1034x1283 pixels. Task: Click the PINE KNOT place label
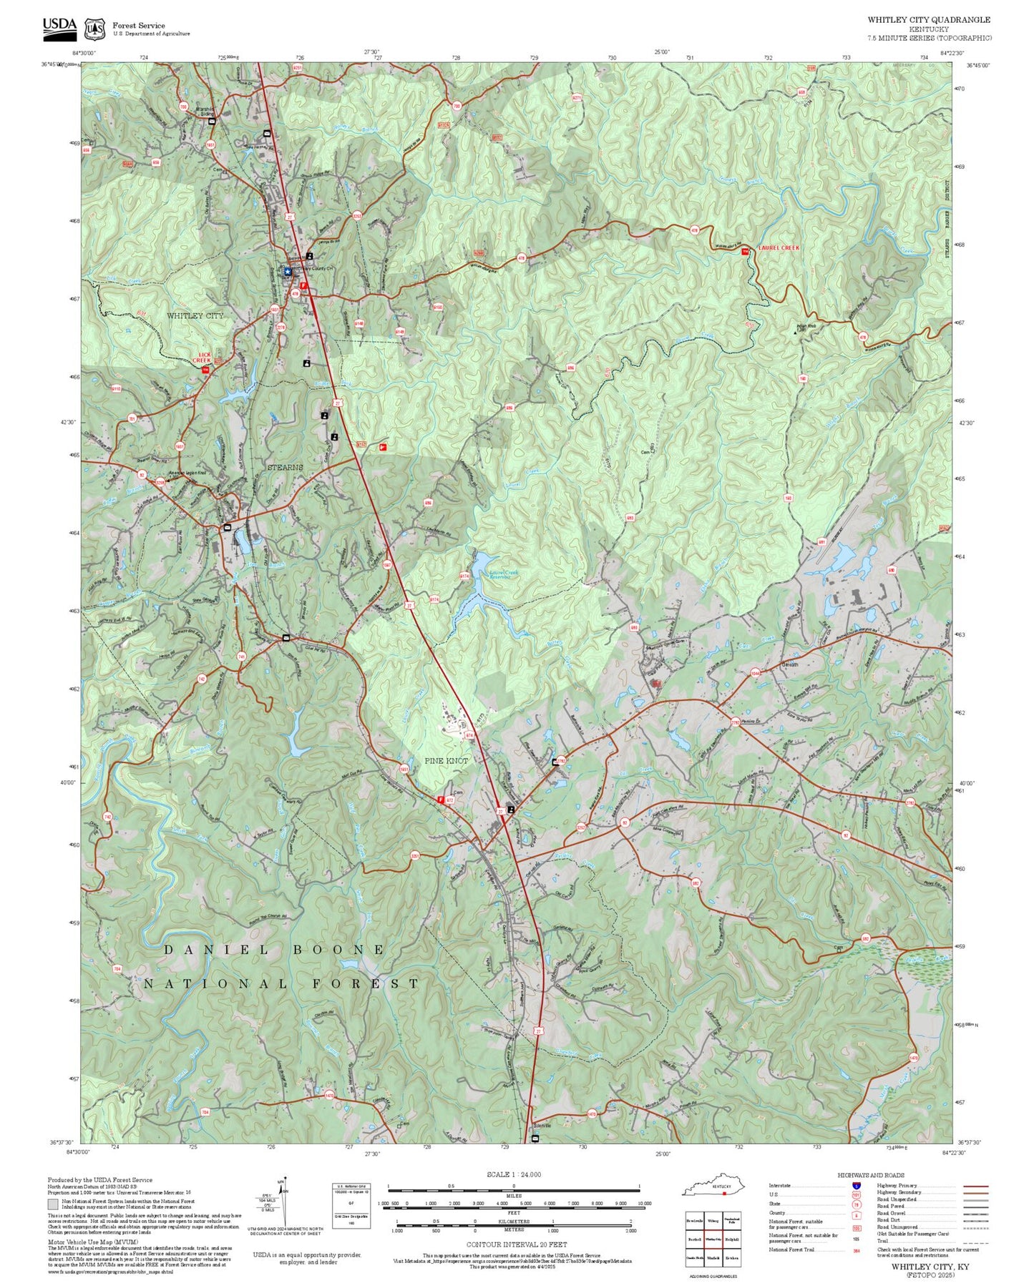(446, 761)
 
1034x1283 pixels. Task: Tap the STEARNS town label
(285, 467)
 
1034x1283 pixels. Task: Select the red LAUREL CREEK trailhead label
(779, 247)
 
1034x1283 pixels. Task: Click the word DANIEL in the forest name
(216, 950)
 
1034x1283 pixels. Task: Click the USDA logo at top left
(59, 26)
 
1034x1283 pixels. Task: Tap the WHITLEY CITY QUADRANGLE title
(929, 20)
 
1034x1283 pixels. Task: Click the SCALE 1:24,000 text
(513, 1174)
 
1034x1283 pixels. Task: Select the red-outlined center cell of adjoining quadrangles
(713, 1239)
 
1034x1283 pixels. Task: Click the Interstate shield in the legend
(856, 1186)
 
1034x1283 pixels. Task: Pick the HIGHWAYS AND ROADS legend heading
(870, 1175)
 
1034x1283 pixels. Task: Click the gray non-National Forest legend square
(53, 1204)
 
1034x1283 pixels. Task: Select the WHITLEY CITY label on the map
(195, 315)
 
